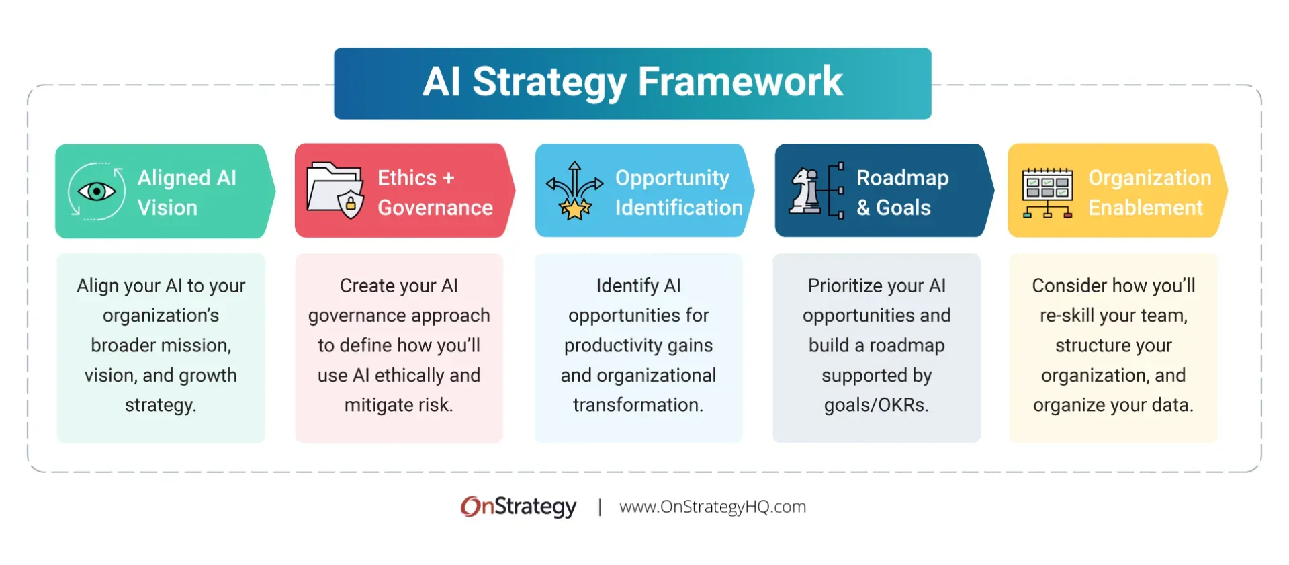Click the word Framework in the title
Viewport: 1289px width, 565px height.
point(740,82)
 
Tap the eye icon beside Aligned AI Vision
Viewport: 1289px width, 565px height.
point(97,192)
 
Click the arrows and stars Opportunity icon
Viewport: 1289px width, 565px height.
point(574,191)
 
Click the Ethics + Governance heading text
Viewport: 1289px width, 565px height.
point(435,193)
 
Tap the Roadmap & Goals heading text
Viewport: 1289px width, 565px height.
point(901,193)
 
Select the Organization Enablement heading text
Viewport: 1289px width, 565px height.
point(1149,193)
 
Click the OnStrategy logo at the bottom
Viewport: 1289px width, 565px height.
point(518,507)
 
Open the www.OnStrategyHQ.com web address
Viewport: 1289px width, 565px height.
point(712,507)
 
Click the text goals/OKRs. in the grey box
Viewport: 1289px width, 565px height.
point(876,405)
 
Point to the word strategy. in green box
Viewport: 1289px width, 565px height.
point(161,405)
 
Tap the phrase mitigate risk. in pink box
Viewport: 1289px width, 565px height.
point(398,405)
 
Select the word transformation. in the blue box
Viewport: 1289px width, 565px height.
point(637,405)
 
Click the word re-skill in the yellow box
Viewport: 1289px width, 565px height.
point(1067,315)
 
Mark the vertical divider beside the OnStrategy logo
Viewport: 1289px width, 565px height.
point(599,507)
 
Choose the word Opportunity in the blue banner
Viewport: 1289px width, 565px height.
point(672,178)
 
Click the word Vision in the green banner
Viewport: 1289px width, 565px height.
point(167,208)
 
